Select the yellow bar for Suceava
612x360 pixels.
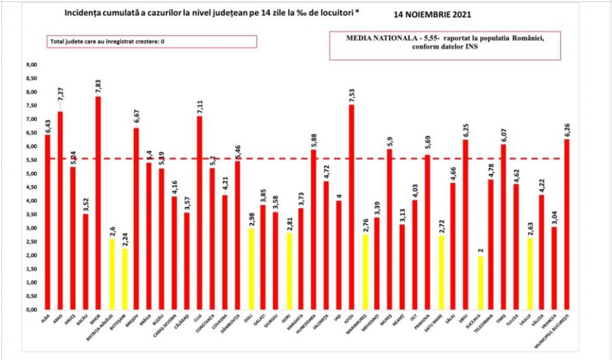(x=481, y=283)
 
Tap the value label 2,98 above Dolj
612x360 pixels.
(x=252, y=217)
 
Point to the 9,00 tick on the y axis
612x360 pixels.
(x=31, y=65)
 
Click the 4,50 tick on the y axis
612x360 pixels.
(x=31, y=187)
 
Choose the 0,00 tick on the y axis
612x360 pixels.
(x=31, y=310)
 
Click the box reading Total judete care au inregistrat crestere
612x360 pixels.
(x=152, y=42)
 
